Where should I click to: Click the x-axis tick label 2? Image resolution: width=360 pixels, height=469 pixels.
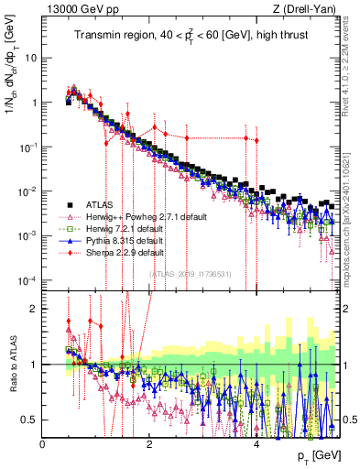(150, 442)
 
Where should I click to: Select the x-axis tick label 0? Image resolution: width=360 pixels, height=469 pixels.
(43, 442)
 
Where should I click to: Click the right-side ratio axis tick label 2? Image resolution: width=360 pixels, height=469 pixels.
(347, 309)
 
